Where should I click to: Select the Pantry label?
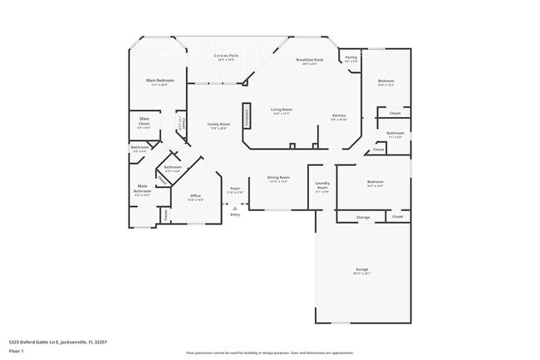[351, 58]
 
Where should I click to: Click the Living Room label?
[281, 111]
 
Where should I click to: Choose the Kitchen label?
[339, 116]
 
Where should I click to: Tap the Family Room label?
[218, 125]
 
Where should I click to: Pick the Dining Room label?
[278, 179]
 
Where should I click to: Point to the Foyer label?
[235, 190]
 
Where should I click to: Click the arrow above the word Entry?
[235, 205]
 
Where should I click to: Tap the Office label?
[195, 198]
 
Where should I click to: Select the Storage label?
[363, 217]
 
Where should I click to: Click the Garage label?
[362, 270]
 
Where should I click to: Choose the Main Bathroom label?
[142, 190]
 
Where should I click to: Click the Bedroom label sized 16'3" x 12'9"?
[376, 183]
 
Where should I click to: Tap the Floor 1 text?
[17, 352]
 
